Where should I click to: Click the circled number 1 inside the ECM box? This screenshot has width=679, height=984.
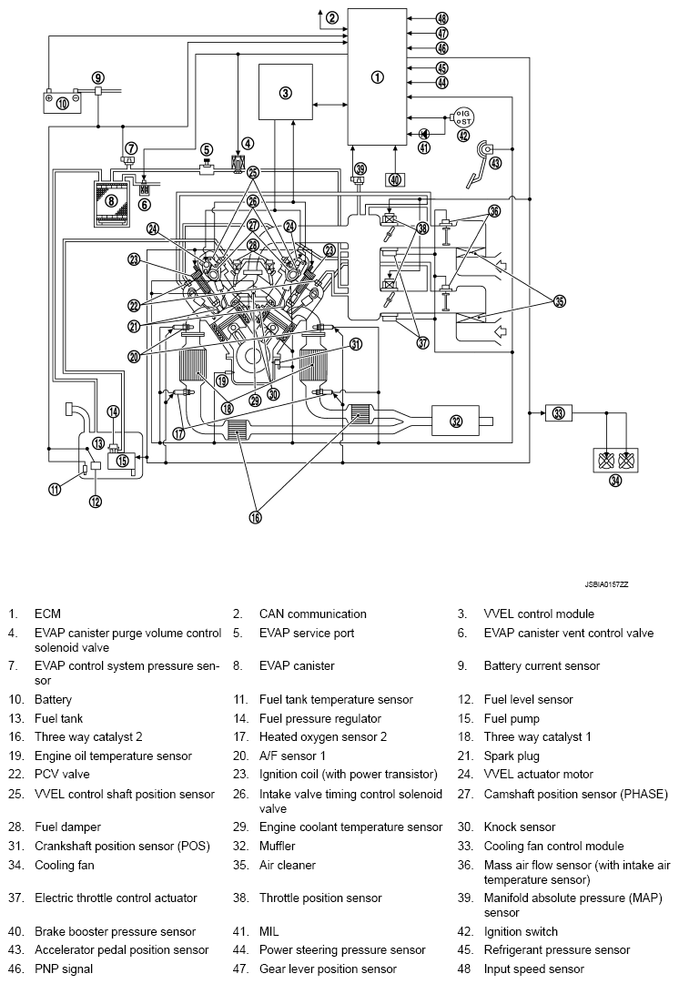[378, 77]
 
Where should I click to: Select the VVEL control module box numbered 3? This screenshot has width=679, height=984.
[285, 92]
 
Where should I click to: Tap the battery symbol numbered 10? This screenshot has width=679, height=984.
[62, 102]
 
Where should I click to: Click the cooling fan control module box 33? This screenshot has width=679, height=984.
[558, 413]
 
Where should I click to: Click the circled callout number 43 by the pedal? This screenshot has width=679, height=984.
[495, 164]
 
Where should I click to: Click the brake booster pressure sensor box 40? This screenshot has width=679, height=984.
[394, 179]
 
